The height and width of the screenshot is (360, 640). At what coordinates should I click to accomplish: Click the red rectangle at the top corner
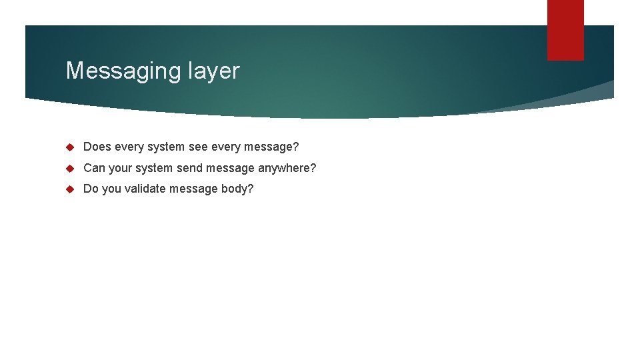(x=565, y=29)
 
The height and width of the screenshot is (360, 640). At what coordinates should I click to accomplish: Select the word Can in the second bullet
(x=94, y=168)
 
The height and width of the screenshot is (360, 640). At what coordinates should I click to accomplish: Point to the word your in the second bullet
(x=121, y=168)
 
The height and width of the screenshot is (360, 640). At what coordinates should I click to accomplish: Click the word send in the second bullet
(x=189, y=168)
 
